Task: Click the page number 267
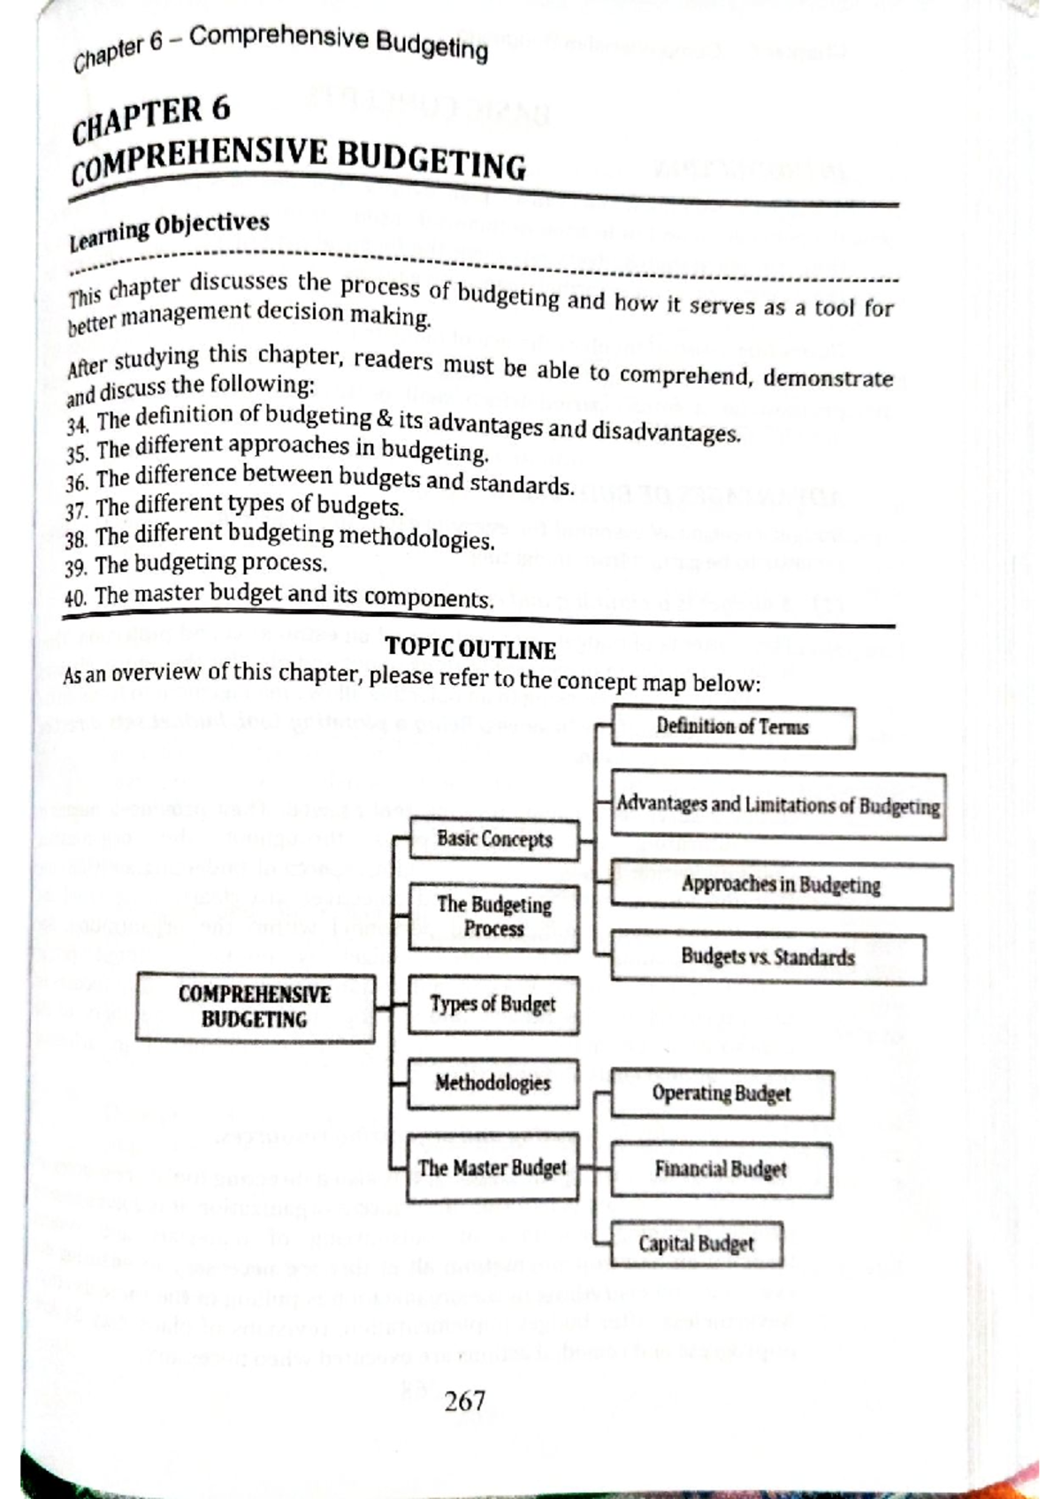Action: click(x=464, y=1400)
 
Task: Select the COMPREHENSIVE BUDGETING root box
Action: click(x=255, y=1007)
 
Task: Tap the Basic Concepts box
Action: click(x=493, y=839)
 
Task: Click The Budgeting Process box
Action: click(x=493, y=917)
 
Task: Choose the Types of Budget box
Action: click(x=493, y=1004)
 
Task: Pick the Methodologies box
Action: click(x=492, y=1083)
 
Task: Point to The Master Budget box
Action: click(x=492, y=1168)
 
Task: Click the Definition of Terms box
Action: click(x=733, y=727)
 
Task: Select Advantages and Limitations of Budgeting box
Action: click(x=778, y=805)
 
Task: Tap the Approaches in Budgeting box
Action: click(x=782, y=885)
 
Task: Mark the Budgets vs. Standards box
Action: click(x=767, y=957)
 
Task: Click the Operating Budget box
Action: click(x=721, y=1093)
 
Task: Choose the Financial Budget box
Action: click(x=721, y=1169)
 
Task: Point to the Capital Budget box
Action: click(x=697, y=1244)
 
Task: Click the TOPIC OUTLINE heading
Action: click(x=470, y=650)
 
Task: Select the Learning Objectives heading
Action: click(x=169, y=230)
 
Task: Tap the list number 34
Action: click(x=77, y=425)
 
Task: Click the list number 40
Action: click(x=75, y=597)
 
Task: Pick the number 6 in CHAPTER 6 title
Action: click(x=219, y=109)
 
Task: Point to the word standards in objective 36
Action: click(x=522, y=484)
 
